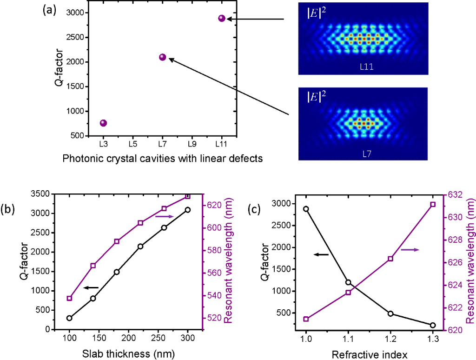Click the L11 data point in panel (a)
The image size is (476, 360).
(x=221, y=19)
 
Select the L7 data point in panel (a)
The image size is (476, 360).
(x=162, y=57)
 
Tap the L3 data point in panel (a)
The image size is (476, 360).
(x=103, y=123)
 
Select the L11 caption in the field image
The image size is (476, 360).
(x=368, y=67)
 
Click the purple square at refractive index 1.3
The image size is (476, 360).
(x=433, y=205)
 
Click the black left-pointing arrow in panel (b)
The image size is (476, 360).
(x=91, y=288)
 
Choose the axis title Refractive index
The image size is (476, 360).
(x=370, y=355)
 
